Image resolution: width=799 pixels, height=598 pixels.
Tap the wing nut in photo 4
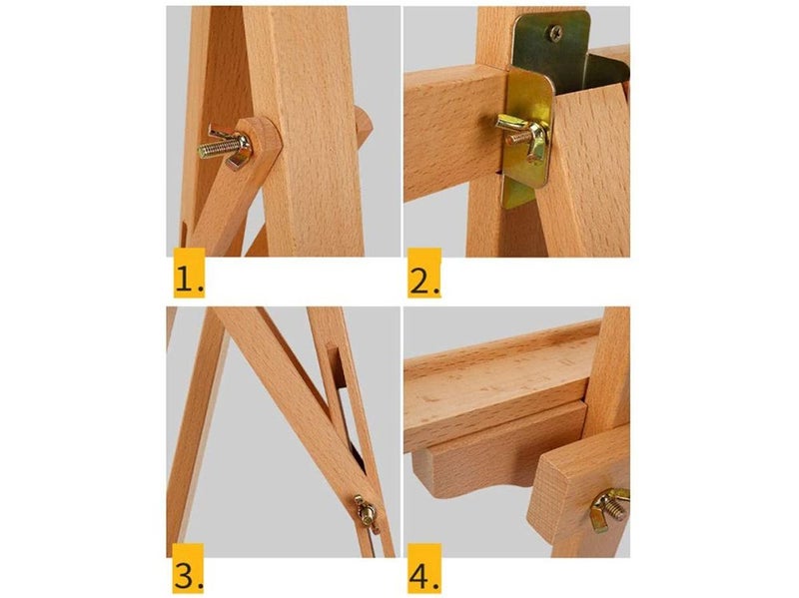tap(607, 508)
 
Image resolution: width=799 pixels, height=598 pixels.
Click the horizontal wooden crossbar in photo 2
tap(449, 130)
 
